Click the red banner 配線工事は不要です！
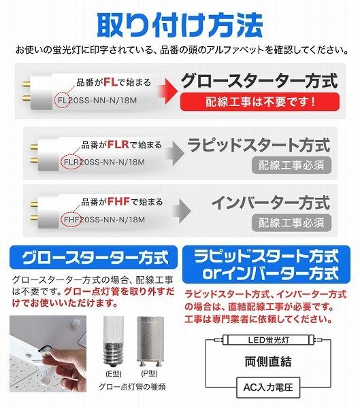pos(260,102)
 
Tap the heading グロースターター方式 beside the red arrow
pos(259,80)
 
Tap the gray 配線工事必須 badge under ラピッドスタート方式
pos(292,165)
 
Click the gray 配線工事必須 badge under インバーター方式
pos(292,223)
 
